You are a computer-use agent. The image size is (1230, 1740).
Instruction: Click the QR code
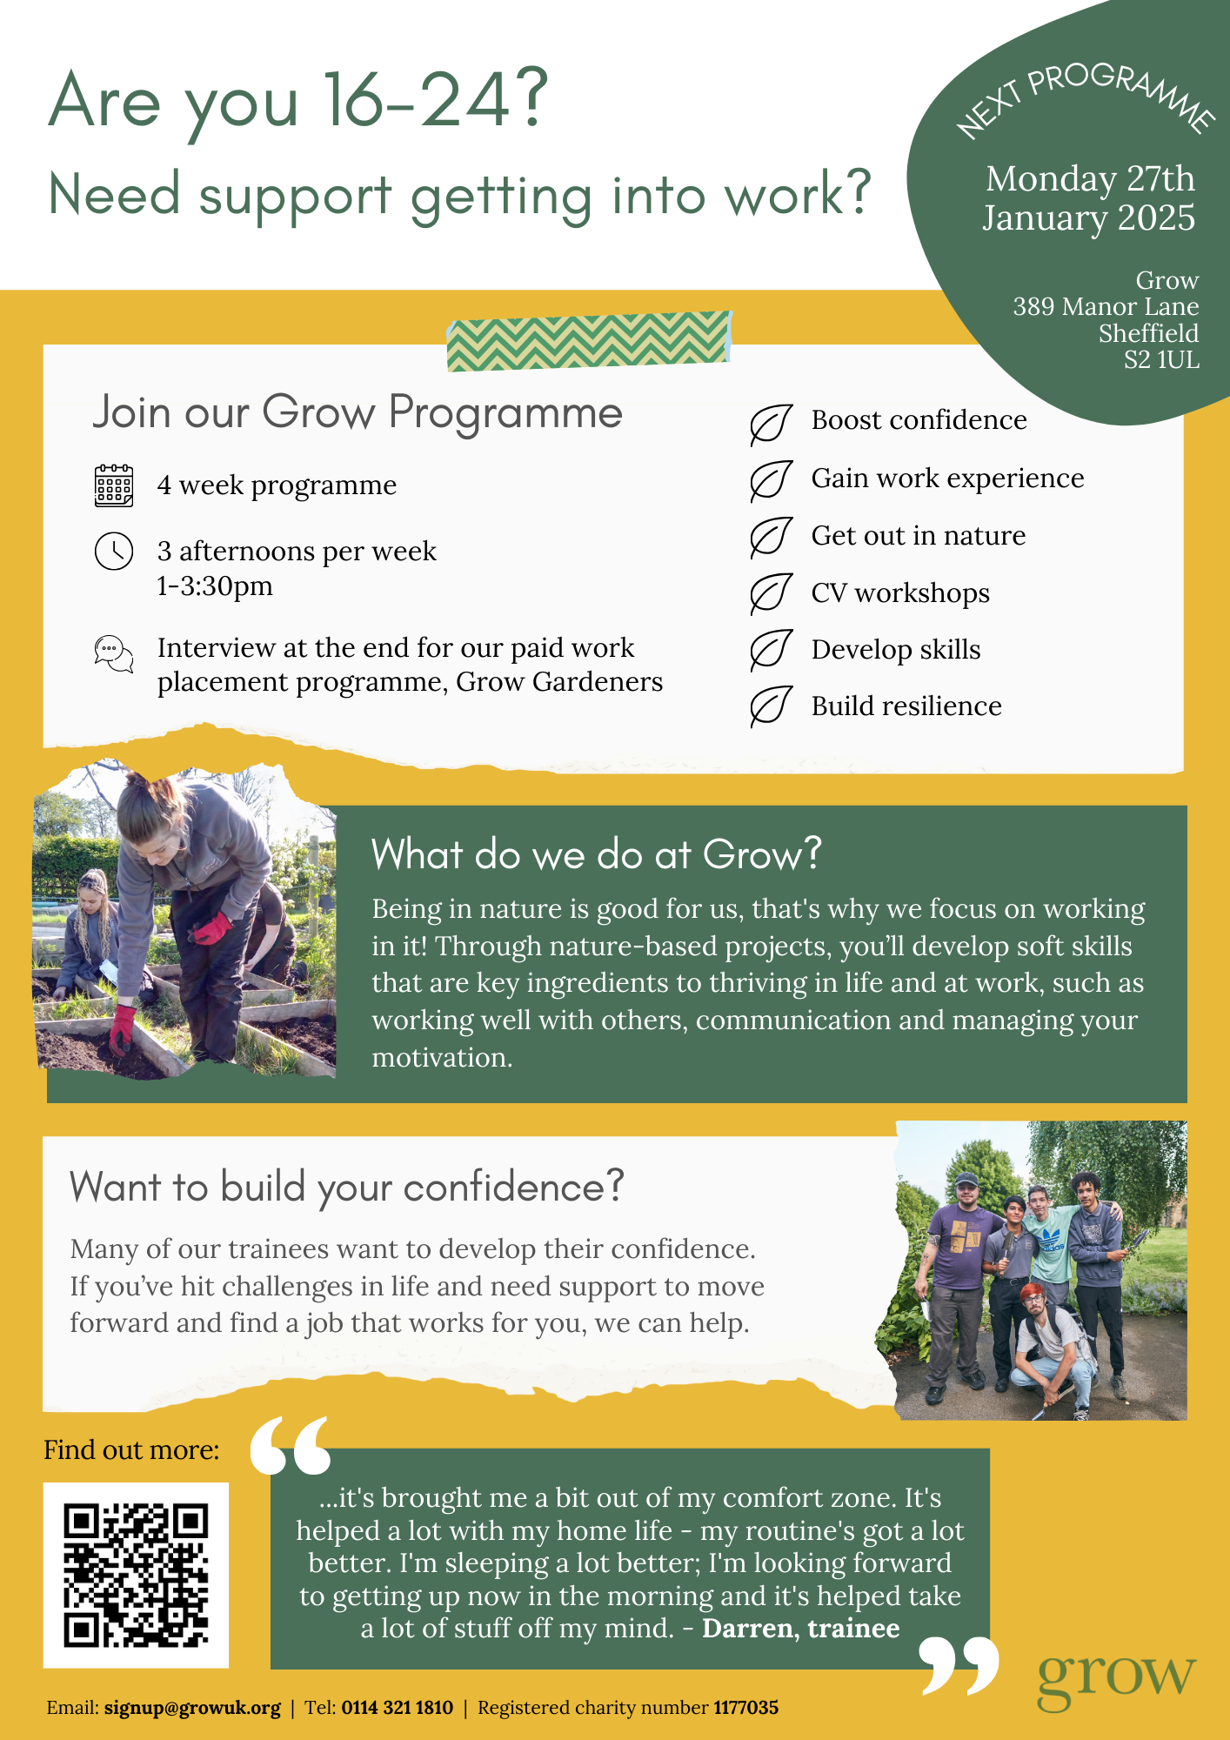(x=136, y=1575)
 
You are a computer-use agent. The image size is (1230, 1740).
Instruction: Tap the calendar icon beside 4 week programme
(x=113, y=485)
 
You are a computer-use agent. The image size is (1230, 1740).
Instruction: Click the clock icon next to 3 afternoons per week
(x=114, y=552)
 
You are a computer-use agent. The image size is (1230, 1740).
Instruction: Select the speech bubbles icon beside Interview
(x=114, y=653)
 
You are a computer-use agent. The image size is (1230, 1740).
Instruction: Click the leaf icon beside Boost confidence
(x=771, y=425)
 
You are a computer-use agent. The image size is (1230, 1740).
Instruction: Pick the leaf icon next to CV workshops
(x=771, y=594)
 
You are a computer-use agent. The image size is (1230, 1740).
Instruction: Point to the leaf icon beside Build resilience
(x=771, y=706)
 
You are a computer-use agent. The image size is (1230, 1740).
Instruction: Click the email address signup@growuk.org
(x=192, y=1708)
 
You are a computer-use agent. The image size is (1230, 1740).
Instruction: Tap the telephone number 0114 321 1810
(x=397, y=1708)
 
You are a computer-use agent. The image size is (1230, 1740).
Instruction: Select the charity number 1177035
(x=745, y=1708)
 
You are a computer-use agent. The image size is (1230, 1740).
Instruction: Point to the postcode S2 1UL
(x=1161, y=360)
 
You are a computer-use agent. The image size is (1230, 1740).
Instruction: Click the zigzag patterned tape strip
(x=589, y=341)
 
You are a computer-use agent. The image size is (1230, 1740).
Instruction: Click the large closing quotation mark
(x=959, y=1665)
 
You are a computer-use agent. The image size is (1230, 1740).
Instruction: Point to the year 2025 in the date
(x=1156, y=217)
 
